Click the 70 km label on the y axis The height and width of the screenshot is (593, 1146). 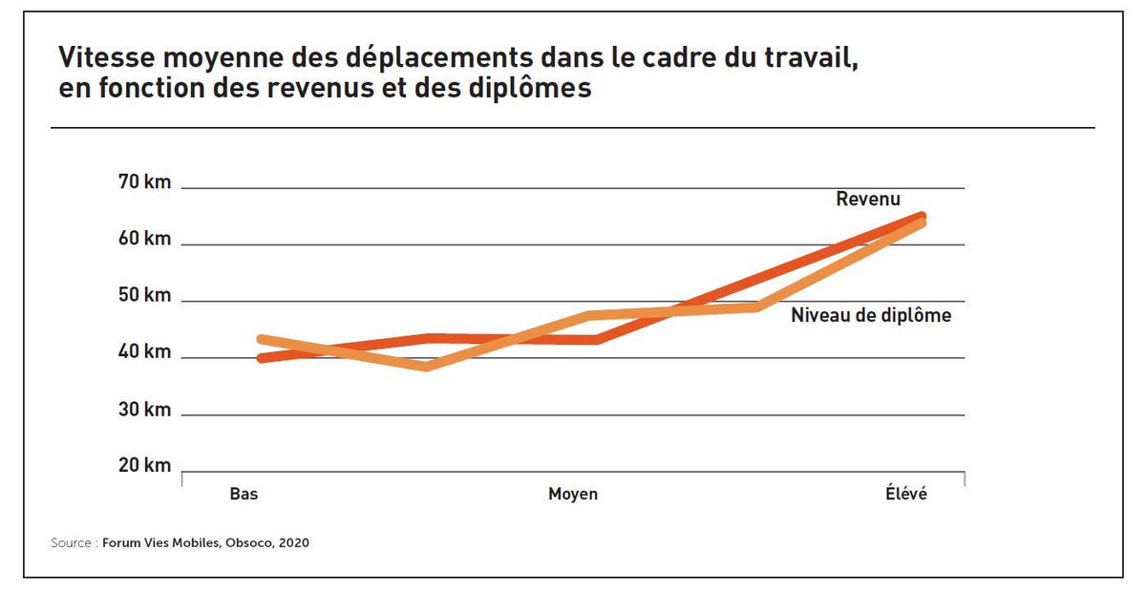(x=144, y=182)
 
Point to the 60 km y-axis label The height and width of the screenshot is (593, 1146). (x=144, y=239)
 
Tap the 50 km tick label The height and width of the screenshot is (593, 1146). (x=144, y=295)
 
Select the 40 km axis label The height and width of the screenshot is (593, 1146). (x=144, y=352)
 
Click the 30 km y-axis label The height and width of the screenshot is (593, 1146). (x=144, y=410)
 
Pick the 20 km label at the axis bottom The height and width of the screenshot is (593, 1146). (x=144, y=466)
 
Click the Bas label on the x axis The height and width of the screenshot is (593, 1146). (x=244, y=495)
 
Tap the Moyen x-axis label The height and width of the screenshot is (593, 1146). (x=573, y=495)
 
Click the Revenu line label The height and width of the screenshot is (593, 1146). (x=868, y=200)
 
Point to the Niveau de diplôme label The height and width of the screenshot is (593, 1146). (x=871, y=315)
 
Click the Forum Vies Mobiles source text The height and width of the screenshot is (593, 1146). (x=163, y=543)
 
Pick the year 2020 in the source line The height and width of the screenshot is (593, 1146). (x=294, y=543)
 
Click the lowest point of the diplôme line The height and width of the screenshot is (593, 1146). (x=426, y=367)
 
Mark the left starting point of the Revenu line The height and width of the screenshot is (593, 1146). (x=261, y=358)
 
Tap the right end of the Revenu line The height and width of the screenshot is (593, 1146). (x=922, y=216)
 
